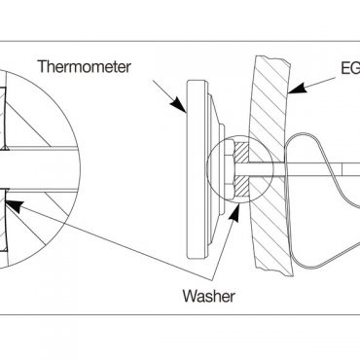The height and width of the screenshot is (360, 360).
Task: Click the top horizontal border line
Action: (180, 41)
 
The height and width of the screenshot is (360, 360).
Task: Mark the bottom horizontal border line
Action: (180, 313)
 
